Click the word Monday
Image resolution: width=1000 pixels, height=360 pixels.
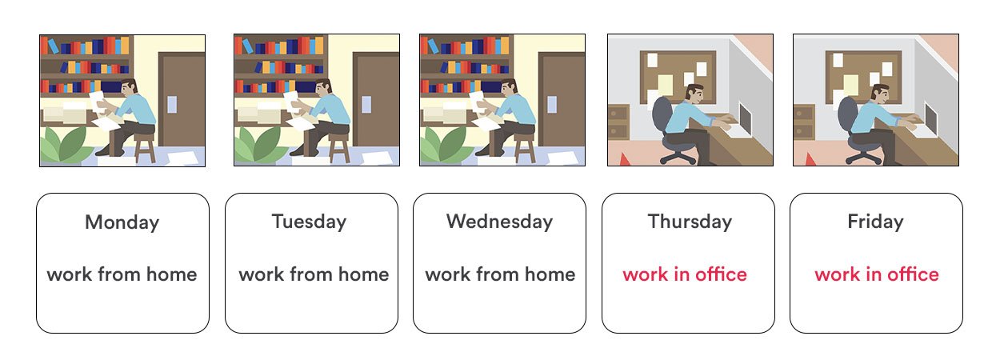click(122, 222)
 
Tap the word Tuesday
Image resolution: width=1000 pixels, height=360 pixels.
click(309, 222)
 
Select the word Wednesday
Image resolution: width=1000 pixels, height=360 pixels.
click(499, 222)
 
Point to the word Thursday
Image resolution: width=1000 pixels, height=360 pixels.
click(690, 222)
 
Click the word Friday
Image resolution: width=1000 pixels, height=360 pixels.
click(875, 222)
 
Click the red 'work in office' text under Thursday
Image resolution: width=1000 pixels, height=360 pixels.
click(685, 274)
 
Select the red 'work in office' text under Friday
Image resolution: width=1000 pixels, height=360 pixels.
click(877, 274)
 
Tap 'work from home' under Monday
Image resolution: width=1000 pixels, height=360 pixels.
click(122, 274)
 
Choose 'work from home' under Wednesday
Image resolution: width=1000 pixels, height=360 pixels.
click(500, 274)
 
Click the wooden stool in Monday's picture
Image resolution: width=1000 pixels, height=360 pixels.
click(145, 146)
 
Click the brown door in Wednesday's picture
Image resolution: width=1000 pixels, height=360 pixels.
click(562, 101)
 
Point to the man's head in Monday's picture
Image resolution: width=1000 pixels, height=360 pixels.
click(129, 89)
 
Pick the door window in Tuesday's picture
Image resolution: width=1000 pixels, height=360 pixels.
click(366, 104)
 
